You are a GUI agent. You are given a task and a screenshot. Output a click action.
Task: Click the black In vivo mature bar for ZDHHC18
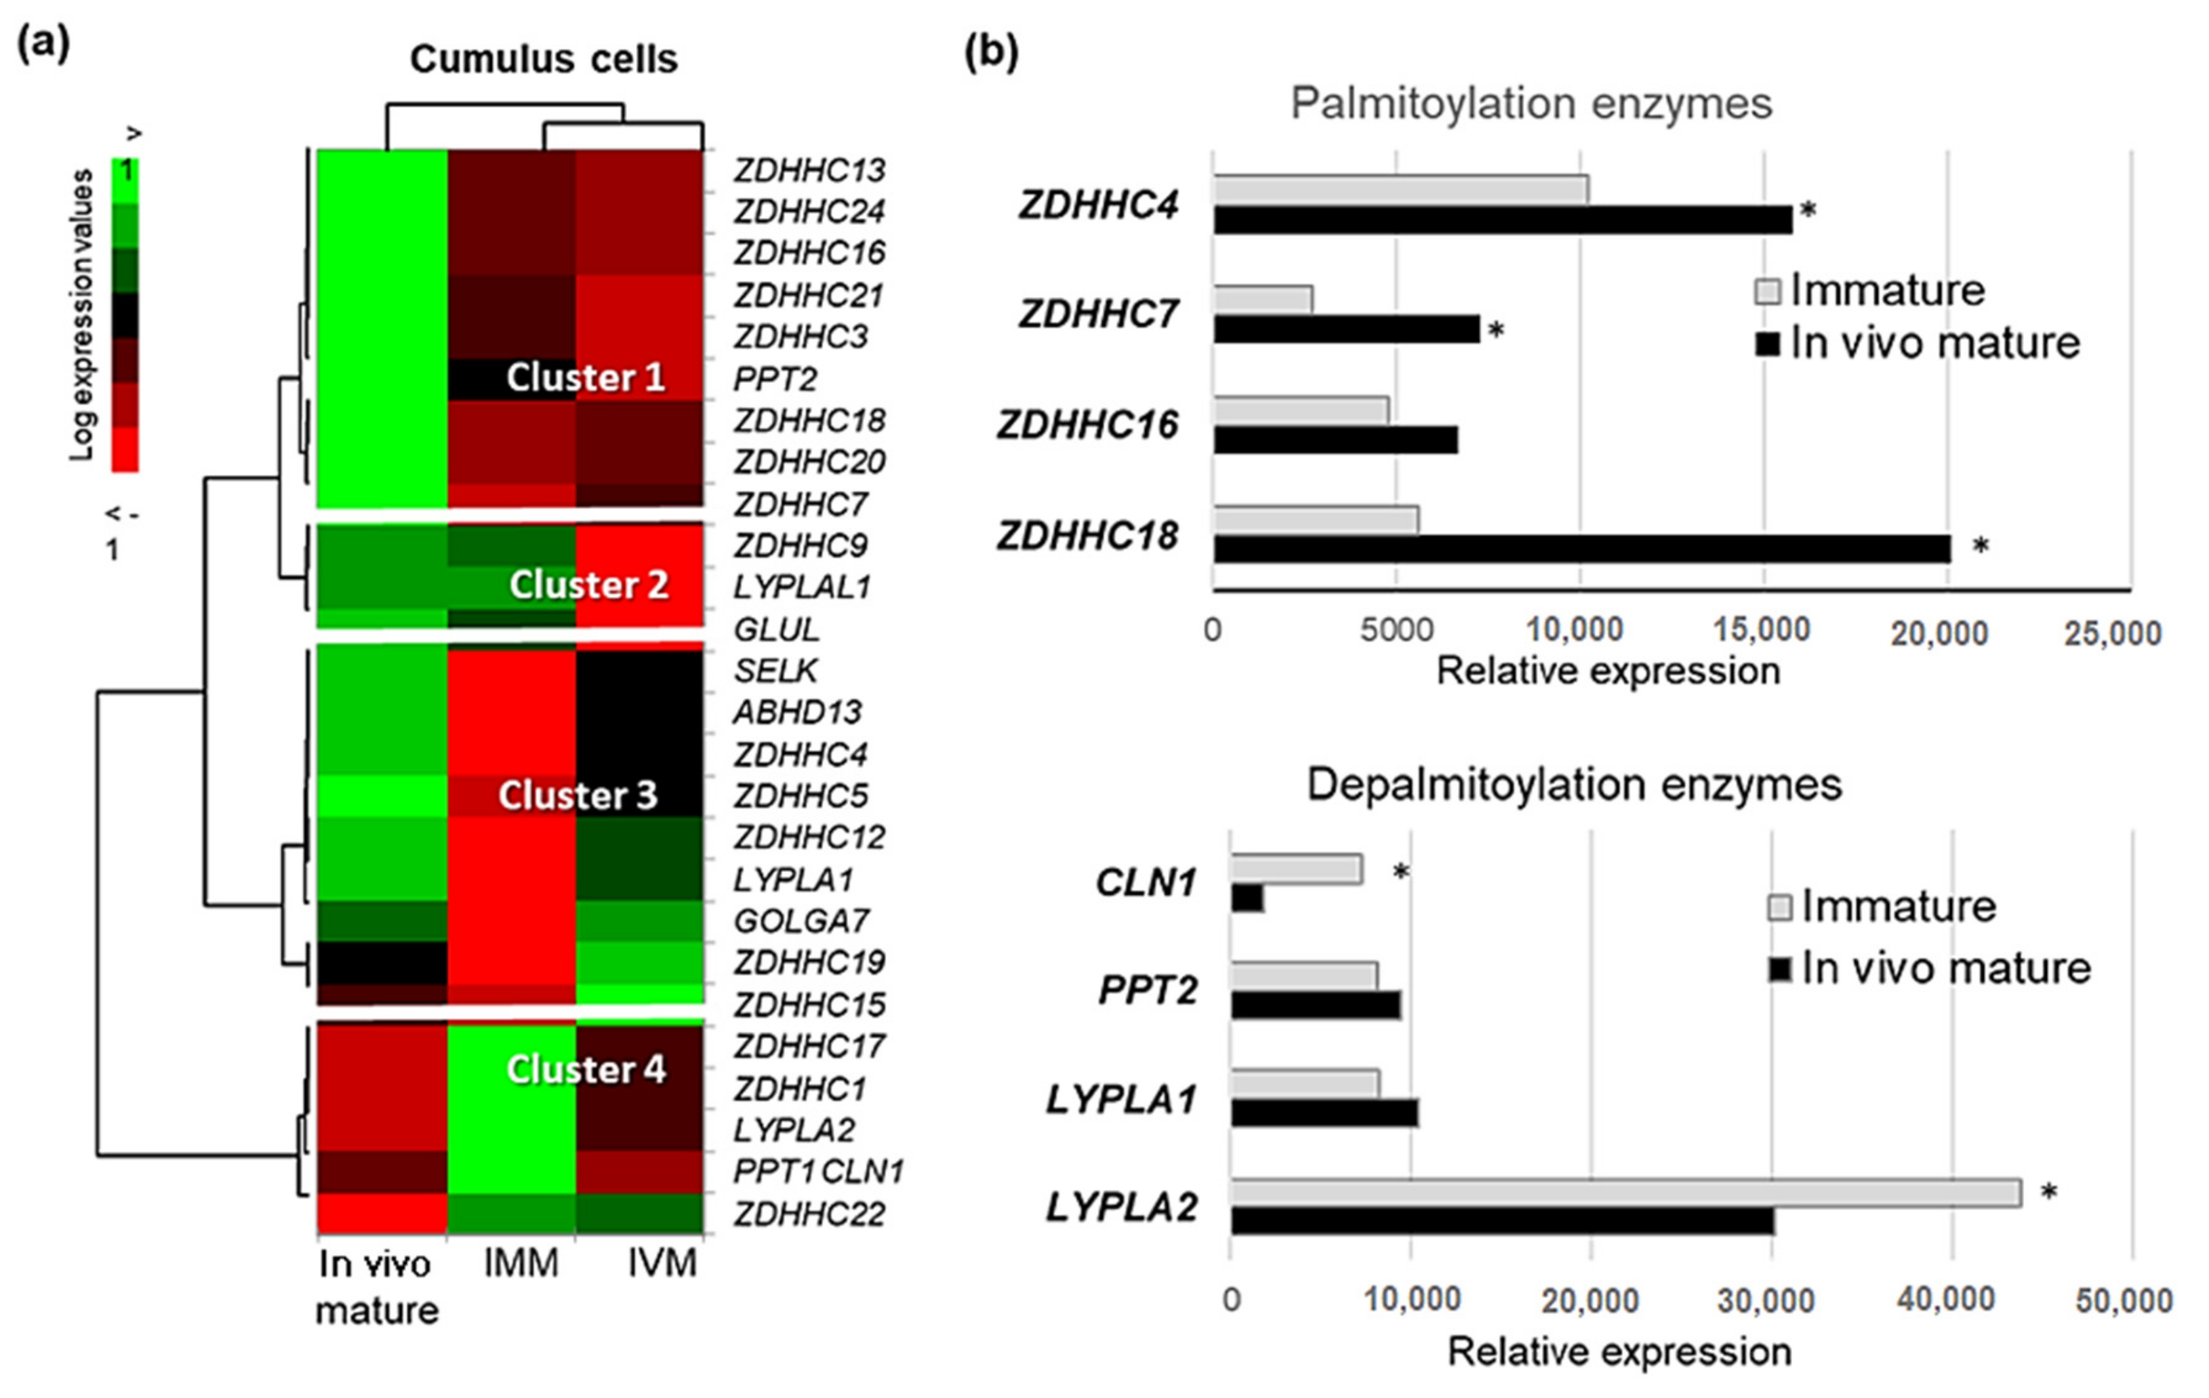(1581, 549)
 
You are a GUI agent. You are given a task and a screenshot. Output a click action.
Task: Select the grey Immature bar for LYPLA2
(1625, 1193)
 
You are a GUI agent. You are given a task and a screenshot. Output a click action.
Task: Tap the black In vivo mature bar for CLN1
(1247, 899)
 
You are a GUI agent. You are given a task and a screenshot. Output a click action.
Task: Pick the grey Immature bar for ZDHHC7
(1263, 299)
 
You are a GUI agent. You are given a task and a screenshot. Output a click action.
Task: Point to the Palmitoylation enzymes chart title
(1531, 103)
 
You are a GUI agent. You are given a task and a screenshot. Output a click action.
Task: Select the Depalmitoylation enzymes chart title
(1574, 784)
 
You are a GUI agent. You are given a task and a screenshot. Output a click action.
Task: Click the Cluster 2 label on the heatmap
(589, 584)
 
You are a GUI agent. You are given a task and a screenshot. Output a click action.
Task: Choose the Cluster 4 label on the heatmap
(586, 1069)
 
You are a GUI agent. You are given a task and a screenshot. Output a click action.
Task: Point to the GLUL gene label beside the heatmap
(776, 629)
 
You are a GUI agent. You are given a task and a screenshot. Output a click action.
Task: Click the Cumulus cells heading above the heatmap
(543, 60)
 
